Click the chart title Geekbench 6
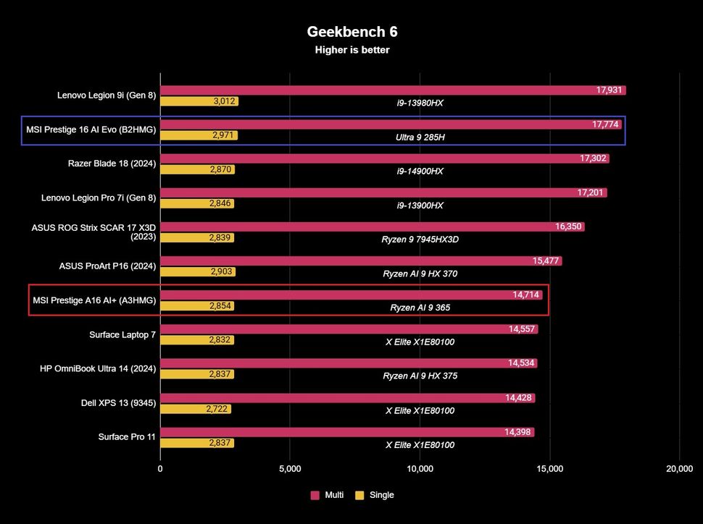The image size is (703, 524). pos(352,32)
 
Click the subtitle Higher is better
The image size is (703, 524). pos(352,50)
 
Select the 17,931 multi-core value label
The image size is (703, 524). pos(608,90)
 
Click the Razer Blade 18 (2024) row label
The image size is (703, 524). pos(112,164)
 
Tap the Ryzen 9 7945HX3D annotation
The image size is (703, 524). pos(420,239)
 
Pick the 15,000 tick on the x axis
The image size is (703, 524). pos(549,469)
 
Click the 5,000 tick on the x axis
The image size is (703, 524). pos(290,469)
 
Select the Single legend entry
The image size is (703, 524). pos(375,495)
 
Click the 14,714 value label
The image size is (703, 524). pos(525,295)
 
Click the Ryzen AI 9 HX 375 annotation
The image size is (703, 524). pos(420,376)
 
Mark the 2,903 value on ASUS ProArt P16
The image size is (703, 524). pos(222,271)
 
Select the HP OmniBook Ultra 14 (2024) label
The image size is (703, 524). pos(98,368)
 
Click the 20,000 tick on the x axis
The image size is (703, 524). pos(679,469)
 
